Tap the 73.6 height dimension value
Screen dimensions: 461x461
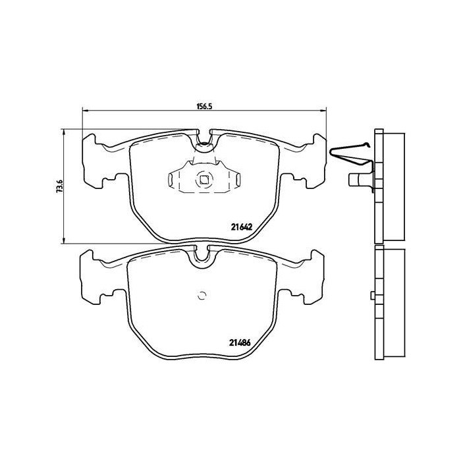[x=59, y=186]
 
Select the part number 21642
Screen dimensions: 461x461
[x=242, y=225]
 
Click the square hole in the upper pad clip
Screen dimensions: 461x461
[x=203, y=176]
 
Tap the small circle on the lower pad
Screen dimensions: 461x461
[x=202, y=295]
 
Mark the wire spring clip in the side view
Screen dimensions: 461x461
[x=349, y=153]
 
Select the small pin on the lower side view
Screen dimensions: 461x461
[x=371, y=294]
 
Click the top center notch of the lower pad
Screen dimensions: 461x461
[x=203, y=257]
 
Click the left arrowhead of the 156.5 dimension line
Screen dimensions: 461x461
[x=83, y=109]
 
